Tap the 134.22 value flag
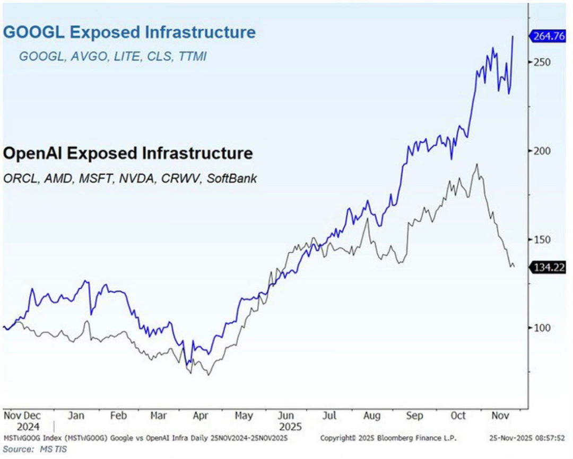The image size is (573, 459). point(550,268)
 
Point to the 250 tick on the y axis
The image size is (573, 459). point(542,62)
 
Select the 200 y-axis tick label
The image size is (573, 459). point(542,151)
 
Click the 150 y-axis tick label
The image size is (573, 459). point(542,239)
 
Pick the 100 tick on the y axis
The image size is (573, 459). point(542,328)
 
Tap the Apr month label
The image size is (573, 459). point(199,416)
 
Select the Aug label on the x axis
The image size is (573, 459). point(370,416)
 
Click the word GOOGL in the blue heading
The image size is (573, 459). point(34,32)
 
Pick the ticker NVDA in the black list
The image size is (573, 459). point(150,178)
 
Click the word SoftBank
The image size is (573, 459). point(232,178)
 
